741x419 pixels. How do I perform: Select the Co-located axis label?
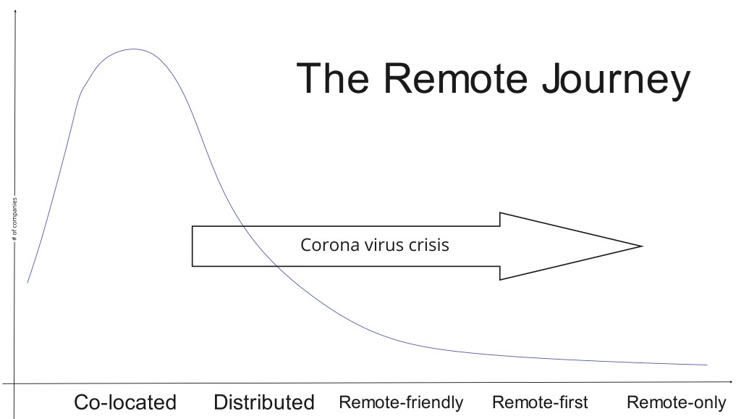click(125, 402)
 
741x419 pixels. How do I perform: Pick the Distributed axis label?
click(264, 402)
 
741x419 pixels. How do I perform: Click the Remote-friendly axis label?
click(401, 402)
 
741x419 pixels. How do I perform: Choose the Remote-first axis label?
click(540, 402)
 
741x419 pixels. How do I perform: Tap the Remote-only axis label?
click(676, 402)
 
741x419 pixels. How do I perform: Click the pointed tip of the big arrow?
click(641, 246)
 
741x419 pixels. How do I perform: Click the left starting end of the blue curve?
click(27, 282)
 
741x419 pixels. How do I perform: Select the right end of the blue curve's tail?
click(706, 365)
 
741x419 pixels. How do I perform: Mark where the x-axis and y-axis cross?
click(14, 382)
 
